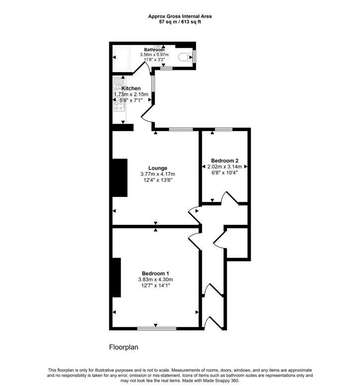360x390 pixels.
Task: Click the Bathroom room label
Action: (154, 50)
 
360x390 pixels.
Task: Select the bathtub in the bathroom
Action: (122, 58)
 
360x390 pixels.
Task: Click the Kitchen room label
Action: (131, 88)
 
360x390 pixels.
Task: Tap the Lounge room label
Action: (157, 168)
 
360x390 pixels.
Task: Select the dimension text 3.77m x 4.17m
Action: (157, 174)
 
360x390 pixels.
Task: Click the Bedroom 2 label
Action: (224, 161)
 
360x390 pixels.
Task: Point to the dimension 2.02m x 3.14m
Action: (224, 167)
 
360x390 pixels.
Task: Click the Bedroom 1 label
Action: (155, 273)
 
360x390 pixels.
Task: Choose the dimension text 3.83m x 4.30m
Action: (155, 279)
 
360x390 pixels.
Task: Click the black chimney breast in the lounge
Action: (120, 178)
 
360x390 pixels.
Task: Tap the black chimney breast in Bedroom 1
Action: (117, 277)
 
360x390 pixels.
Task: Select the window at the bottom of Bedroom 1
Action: (156, 328)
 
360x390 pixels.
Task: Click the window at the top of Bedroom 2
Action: (223, 129)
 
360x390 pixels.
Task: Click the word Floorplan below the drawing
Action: (124, 347)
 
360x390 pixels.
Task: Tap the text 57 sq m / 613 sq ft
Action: (180, 22)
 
